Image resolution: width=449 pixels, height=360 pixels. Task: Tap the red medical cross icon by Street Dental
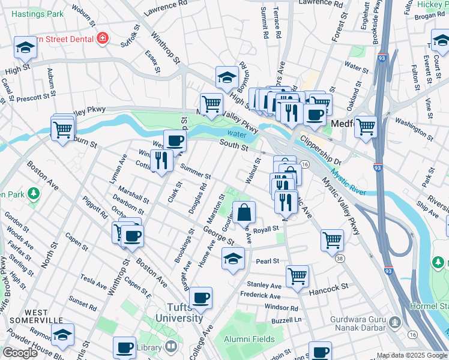point(102,38)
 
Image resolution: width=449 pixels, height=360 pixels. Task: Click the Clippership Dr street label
point(320,153)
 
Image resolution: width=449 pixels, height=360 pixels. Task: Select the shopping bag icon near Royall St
point(245,212)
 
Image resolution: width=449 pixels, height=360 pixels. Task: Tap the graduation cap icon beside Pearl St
point(233,259)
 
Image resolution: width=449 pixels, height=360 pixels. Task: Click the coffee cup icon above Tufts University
point(201,296)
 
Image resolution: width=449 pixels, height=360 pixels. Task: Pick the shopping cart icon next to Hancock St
point(297,276)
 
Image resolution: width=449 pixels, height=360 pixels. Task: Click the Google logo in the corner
point(20,353)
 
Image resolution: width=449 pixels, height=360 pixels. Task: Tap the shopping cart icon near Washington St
point(365,127)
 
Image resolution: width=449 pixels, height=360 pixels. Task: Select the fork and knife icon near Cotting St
point(160,161)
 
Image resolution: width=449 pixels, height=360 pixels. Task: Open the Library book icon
point(171,347)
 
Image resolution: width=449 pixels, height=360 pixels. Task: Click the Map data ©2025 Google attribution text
point(411,355)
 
